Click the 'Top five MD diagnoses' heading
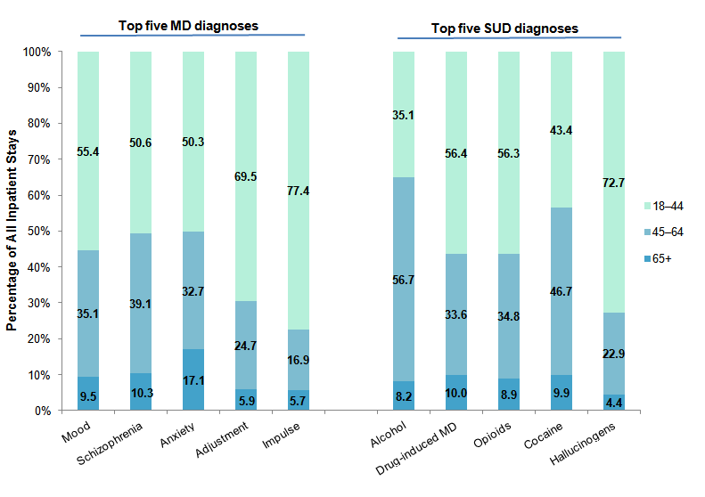click(x=188, y=25)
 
